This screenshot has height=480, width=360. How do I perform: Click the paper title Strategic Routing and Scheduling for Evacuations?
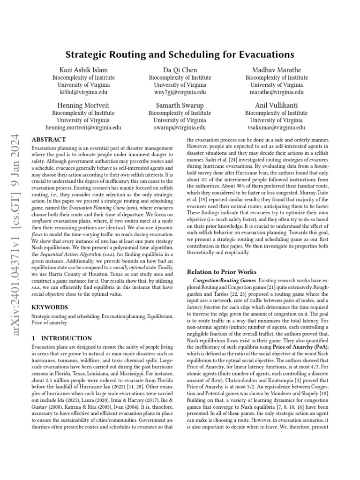point(180,54)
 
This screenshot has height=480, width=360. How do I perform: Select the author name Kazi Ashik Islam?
point(83,70)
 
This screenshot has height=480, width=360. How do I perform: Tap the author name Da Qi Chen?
point(180,70)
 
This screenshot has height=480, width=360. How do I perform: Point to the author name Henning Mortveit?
point(83,105)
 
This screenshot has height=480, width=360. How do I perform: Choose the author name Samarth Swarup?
point(180,105)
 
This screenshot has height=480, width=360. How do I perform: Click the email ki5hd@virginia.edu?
point(83,92)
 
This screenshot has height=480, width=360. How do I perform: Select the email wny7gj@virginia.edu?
point(180,92)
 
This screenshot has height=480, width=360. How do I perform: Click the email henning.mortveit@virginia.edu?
point(83,127)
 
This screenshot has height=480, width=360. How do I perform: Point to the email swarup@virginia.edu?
point(180,127)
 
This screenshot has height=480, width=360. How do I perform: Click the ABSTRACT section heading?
point(48,140)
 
